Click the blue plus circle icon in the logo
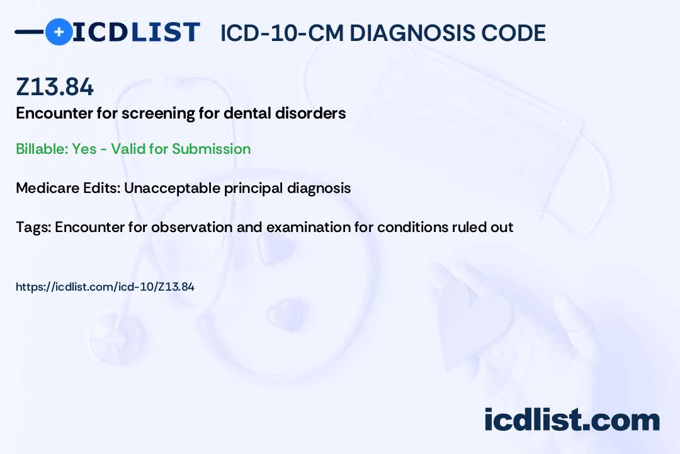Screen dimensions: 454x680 click(x=59, y=32)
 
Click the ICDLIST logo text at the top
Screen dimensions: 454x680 click(x=136, y=32)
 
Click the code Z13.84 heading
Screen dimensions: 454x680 click(x=55, y=88)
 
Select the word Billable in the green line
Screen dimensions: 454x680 click(x=40, y=149)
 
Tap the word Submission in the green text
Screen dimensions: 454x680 click(x=212, y=149)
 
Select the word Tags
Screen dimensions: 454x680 click(x=31, y=226)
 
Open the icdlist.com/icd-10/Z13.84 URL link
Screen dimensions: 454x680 click(x=105, y=287)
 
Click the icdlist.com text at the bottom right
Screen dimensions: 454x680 click(x=572, y=420)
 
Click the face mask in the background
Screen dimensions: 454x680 click(x=479, y=113)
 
